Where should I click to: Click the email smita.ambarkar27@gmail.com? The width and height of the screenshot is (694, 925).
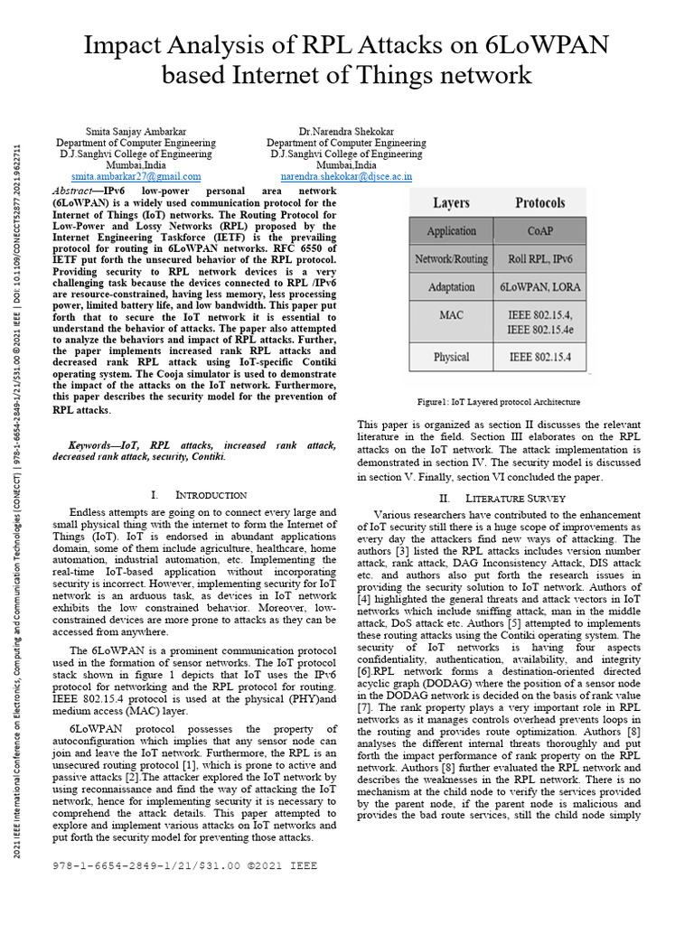136,177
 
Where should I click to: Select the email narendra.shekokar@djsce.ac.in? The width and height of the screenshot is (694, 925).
346,177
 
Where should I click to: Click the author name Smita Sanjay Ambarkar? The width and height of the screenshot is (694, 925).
136,131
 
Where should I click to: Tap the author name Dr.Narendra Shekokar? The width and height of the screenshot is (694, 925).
346,131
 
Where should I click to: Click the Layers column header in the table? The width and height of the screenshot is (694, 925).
451,203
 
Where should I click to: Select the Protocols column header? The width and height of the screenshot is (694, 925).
539,203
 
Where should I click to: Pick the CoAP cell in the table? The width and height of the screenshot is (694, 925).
539,231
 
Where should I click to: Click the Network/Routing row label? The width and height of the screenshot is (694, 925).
451,259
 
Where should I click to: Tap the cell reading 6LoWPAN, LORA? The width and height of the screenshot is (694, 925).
539,287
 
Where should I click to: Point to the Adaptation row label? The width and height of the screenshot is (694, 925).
451,287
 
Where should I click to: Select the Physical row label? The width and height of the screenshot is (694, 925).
451,357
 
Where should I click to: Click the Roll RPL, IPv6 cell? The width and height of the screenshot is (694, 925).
539,259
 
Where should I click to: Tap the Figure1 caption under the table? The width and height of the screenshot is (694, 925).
499,402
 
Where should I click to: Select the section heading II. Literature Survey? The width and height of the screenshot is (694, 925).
502,498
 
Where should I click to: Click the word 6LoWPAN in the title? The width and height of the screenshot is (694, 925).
530,45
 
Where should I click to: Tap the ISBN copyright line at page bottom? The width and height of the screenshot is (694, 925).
186,864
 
